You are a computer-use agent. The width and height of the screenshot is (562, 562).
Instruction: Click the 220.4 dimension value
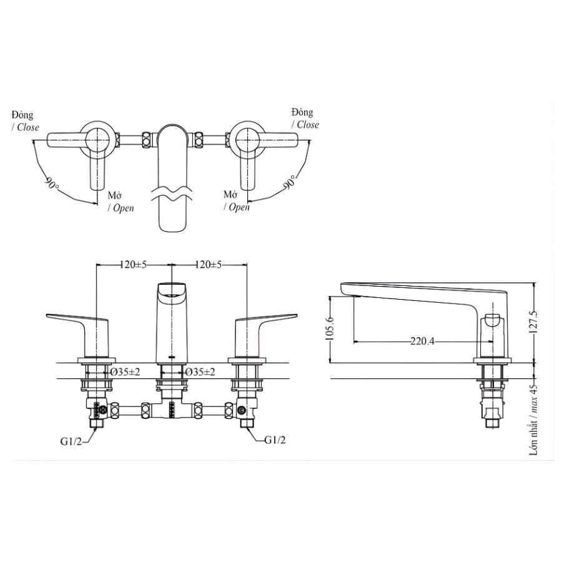click(422, 341)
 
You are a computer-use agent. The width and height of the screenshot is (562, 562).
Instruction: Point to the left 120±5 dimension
click(132, 265)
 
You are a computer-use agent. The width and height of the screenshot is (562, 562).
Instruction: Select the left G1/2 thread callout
click(71, 441)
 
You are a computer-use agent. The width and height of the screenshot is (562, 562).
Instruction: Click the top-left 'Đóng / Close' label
click(24, 121)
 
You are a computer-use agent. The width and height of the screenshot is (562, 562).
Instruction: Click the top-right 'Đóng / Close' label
click(305, 118)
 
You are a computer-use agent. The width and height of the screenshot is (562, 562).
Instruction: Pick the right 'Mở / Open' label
click(236, 201)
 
